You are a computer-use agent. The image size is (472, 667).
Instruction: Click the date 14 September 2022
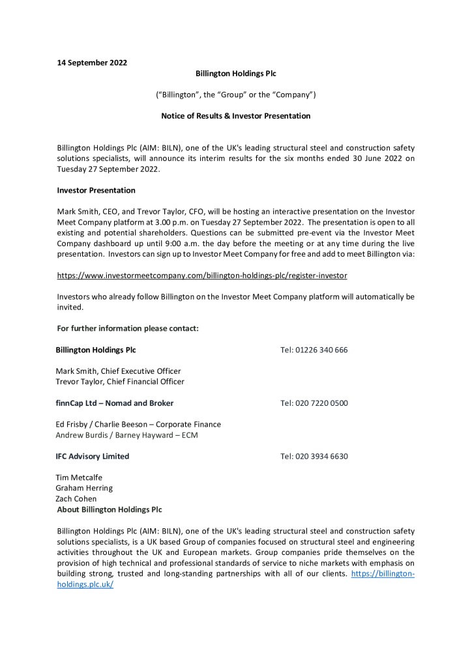[92, 63]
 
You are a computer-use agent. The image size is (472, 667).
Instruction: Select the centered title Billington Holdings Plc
[235, 74]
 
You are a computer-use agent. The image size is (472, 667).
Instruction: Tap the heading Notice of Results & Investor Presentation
[235, 116]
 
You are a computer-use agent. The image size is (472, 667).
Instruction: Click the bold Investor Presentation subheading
[96, 190]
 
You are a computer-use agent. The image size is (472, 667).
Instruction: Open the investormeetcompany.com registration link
[202, 276]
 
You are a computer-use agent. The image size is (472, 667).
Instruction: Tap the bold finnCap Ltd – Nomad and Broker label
[115, 403]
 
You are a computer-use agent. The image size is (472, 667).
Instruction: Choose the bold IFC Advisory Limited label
[93, 457]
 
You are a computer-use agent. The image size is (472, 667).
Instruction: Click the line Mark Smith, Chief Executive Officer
[118, 371]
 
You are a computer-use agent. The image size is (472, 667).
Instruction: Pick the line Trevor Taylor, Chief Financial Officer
[120, 382]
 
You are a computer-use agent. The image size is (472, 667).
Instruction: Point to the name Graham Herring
[84, 488]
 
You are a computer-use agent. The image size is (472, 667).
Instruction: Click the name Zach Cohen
[76, 499]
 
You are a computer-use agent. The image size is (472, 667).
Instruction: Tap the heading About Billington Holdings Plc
[110, 509]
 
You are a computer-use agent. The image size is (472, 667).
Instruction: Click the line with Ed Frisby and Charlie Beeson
[138, 424]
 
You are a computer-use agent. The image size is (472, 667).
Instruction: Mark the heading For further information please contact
[128, 328]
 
